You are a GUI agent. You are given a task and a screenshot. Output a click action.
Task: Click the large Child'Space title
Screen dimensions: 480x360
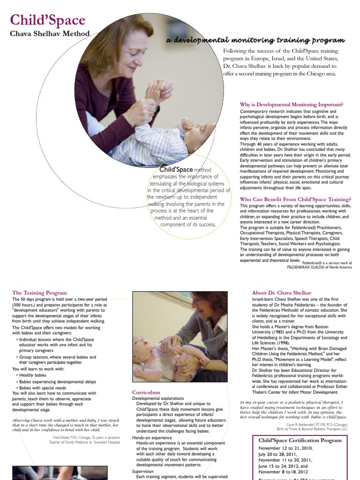(x=47, y=20)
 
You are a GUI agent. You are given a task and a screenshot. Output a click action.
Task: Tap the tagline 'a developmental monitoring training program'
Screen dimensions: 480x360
(x=255, y=40)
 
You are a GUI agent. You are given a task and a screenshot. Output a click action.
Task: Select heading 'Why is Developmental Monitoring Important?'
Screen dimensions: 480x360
(x=292, y=104)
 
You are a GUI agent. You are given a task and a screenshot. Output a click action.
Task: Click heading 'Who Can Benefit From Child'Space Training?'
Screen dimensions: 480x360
(x=295, y=199)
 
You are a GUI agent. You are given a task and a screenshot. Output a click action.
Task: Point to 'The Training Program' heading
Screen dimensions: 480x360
(x=39, y=293)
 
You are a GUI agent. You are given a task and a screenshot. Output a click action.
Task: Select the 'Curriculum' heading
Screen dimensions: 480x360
(x=146, y=392)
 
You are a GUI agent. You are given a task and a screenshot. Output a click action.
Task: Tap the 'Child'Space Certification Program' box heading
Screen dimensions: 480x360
(x=300, y=440)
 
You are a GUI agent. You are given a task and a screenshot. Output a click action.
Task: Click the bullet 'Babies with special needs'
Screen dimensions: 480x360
(x=42, y=388)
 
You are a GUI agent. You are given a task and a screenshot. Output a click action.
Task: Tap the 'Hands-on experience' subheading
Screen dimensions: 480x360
(x=152, y=437)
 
